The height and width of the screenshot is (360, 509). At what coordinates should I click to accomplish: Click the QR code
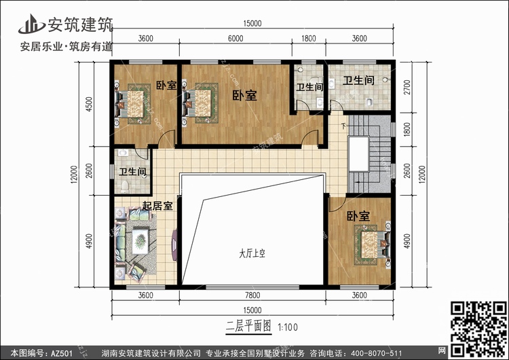pos(478,329)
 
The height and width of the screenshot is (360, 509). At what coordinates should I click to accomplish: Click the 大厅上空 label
pos(252,253)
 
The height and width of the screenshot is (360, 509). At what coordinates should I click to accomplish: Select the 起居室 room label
pos(157,205)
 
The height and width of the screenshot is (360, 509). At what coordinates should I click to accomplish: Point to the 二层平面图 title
pos(248,326)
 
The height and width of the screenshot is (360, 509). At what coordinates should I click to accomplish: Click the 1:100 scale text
pos(288,327)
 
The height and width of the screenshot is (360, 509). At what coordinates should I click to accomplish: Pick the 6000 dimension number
pos(235,38)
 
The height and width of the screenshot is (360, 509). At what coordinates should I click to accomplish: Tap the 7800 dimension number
pos(252,295)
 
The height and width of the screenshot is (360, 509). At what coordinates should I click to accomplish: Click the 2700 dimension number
pos(407,87)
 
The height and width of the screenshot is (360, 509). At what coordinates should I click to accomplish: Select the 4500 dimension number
pos(89,104)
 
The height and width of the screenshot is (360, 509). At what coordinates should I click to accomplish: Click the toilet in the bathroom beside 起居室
pos(125,186)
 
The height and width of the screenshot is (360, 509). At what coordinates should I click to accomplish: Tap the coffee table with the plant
pos(140,241)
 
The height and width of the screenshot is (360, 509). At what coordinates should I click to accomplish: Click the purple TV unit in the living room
pos(174,245)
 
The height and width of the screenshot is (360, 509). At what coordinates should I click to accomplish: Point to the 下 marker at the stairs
pos(344,126)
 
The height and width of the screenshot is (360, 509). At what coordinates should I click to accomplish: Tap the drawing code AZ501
pos(61,353)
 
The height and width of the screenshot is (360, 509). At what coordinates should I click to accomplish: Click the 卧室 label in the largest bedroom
pos(244,95)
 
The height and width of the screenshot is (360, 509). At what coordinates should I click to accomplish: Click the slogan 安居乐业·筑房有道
pos(67,47)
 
